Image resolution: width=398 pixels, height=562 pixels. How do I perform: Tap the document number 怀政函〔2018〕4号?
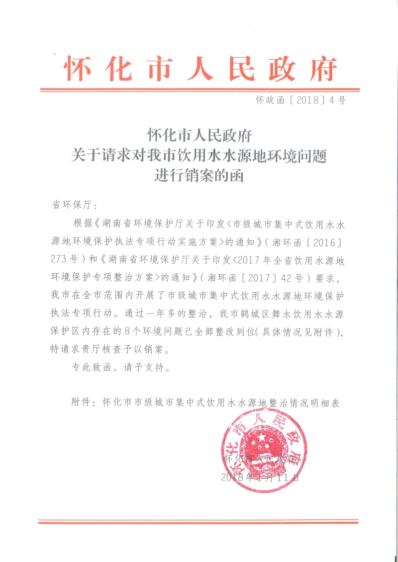(300, 100)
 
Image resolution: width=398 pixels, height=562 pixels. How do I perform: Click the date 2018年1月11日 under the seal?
(260, 478)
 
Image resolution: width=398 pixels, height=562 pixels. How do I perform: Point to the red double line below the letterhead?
(199, 90)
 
